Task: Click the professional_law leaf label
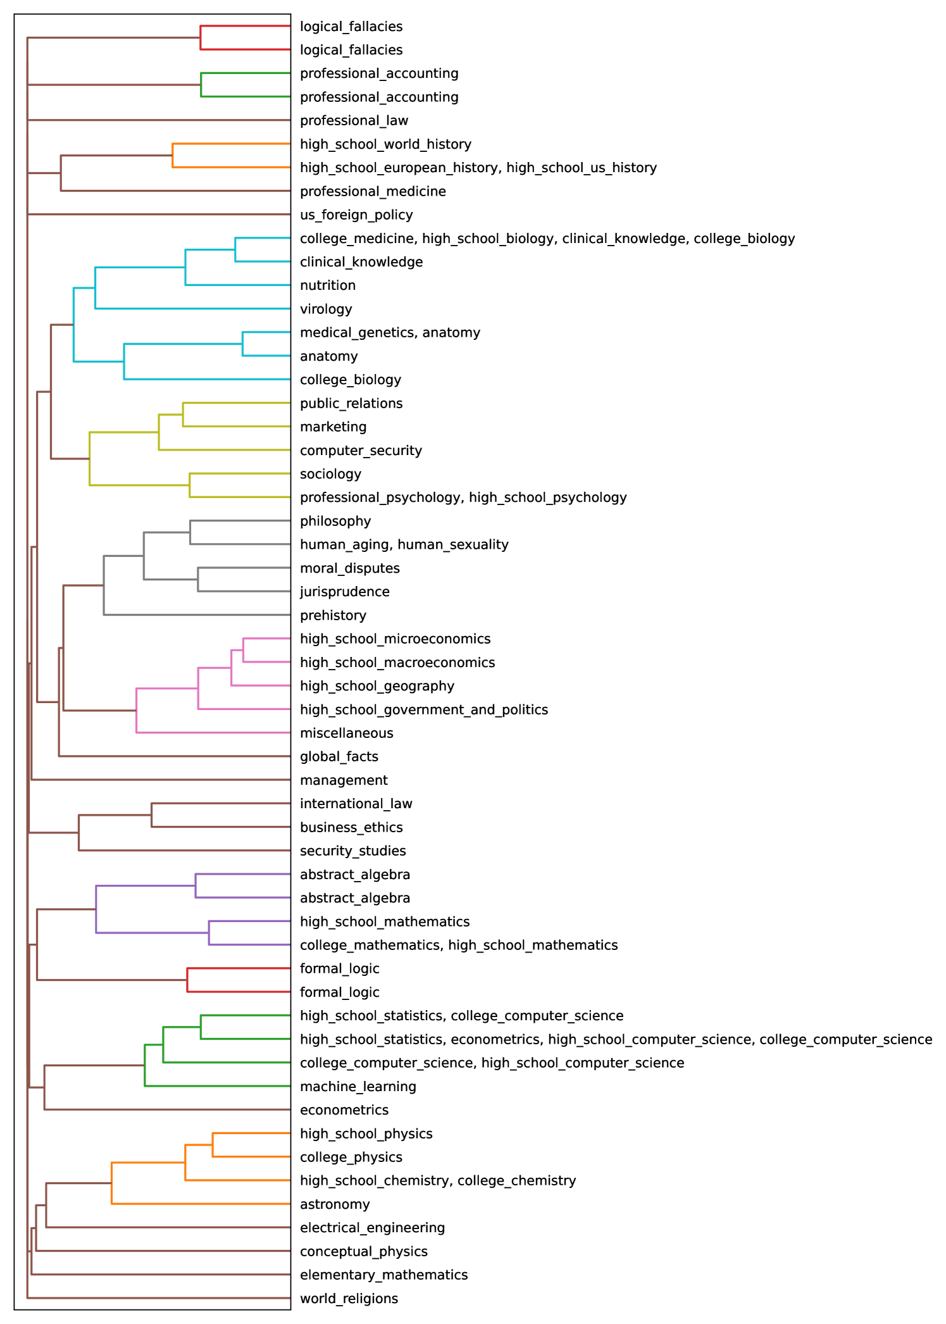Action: (x=354, y=120)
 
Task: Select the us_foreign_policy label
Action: (x=356, y=215)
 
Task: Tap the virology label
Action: (x=326, y=309)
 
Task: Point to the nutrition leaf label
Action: (x=328, y=285)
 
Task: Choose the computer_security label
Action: (x=361, y=451)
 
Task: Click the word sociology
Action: (x=330, y=474)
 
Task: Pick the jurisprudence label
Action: (x=345, y=592)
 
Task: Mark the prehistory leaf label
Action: (x=333, y=615)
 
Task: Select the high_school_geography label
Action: (x=377, y=686)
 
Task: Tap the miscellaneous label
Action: (x=347, y=733)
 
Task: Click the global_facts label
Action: (x=339, y=756)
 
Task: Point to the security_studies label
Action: (x=353, y=851)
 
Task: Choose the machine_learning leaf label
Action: (x=358, y=1087)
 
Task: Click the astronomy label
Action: (x=335, y=1204)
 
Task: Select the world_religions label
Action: (x=349, y=1299)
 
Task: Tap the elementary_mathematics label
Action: (x=384, y=1275)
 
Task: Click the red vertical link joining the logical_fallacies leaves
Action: (x=201, y=38)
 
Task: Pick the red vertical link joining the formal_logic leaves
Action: (x=187, y=980)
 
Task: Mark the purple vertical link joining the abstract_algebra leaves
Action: (x=196, y=886)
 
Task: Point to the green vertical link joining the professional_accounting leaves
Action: (x=201, y=85)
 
